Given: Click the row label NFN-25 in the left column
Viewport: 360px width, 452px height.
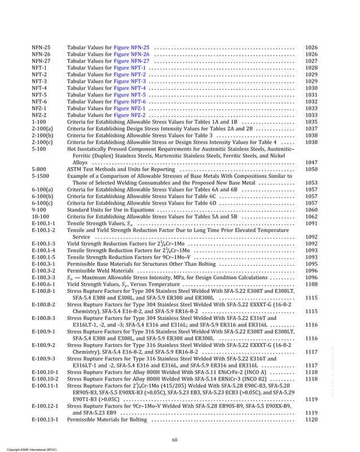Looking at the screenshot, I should (x=41, y=47).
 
